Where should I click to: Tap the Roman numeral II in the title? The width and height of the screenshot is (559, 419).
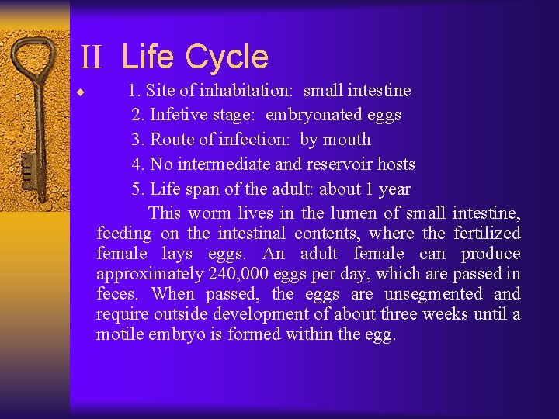tap(92, 57)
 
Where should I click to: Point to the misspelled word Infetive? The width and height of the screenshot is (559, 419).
tap(179, 116)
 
